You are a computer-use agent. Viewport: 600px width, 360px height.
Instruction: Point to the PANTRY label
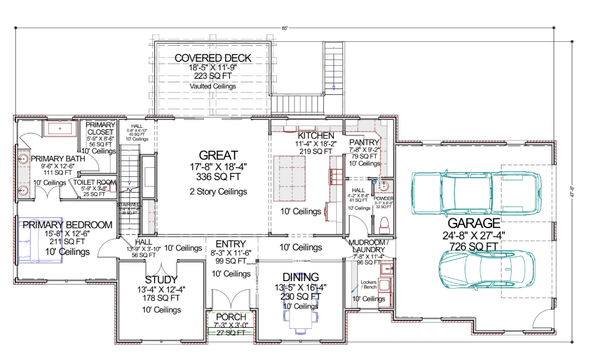coord(362,143)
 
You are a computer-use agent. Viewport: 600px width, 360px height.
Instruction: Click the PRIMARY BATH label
coord(58,159)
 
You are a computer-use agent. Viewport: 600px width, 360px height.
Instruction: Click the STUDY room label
coord(161,279)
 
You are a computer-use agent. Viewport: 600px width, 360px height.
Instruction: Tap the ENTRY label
coord(230,244)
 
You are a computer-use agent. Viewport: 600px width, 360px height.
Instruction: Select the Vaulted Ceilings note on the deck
coord(213,87)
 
